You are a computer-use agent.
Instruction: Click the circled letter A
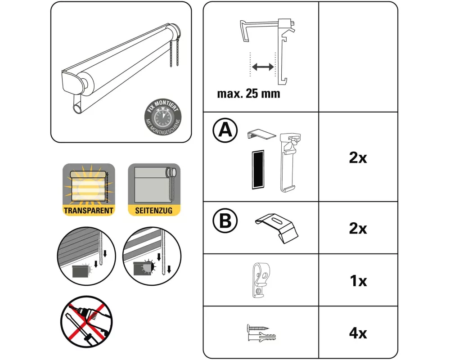tap(225, 130)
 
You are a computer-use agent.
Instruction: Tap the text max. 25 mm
tap(248, 94)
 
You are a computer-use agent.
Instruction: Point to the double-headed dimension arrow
tap(262, 67)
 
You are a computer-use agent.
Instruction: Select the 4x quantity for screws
tap(358, 333)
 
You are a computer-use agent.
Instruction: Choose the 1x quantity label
tap(358, 281)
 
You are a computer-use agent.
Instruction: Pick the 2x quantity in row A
tap(358, 158)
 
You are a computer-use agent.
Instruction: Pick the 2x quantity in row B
tap(358, 228)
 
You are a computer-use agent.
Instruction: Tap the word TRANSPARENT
tap(88, 210)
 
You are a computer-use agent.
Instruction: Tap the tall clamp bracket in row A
tap(289, 162)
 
